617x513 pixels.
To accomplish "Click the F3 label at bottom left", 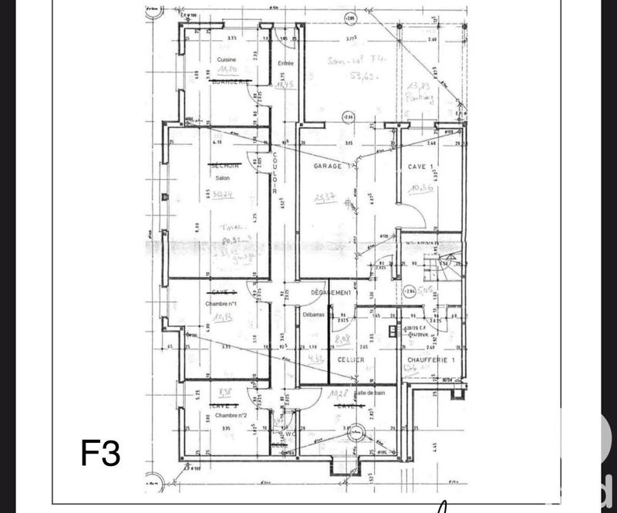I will click(101, 454).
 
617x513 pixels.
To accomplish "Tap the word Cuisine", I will click(226, 59).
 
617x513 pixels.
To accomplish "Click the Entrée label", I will click(287, 63).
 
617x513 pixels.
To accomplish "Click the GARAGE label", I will click(327, 167).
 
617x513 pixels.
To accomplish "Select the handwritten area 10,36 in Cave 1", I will click(422, 187).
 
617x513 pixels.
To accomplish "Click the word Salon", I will click(223, 177).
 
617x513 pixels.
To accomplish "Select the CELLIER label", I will click(350, 360).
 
